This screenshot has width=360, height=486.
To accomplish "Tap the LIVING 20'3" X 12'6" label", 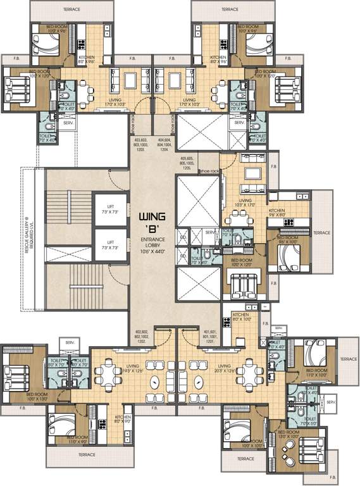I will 227,368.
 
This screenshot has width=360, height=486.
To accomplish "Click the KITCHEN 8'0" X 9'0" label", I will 123,420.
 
